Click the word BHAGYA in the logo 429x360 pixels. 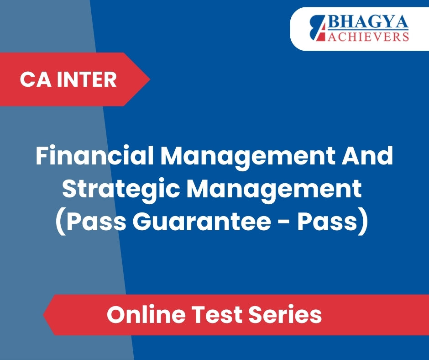pyautogui.click(x=368, y=21)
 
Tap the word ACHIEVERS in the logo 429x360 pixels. pyautogui.click(x=368, y=36)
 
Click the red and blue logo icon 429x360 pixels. pyautogui.click(x=318, y=28)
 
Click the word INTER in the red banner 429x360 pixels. pyautogui.click(x=87, y=79)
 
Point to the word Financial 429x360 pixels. pyautogui.click(x=94, y=156)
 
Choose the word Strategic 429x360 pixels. pyautogui.click(x=120, y=189)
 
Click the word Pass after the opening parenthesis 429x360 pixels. pyautogui.click(x=96, y=222)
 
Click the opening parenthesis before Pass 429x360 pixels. pyautogui.click(x=60, y=222)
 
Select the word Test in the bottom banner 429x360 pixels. pyautogui.click(x=217, y=314)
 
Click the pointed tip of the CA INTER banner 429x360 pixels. pyautogui.click(x=150, y=79)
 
